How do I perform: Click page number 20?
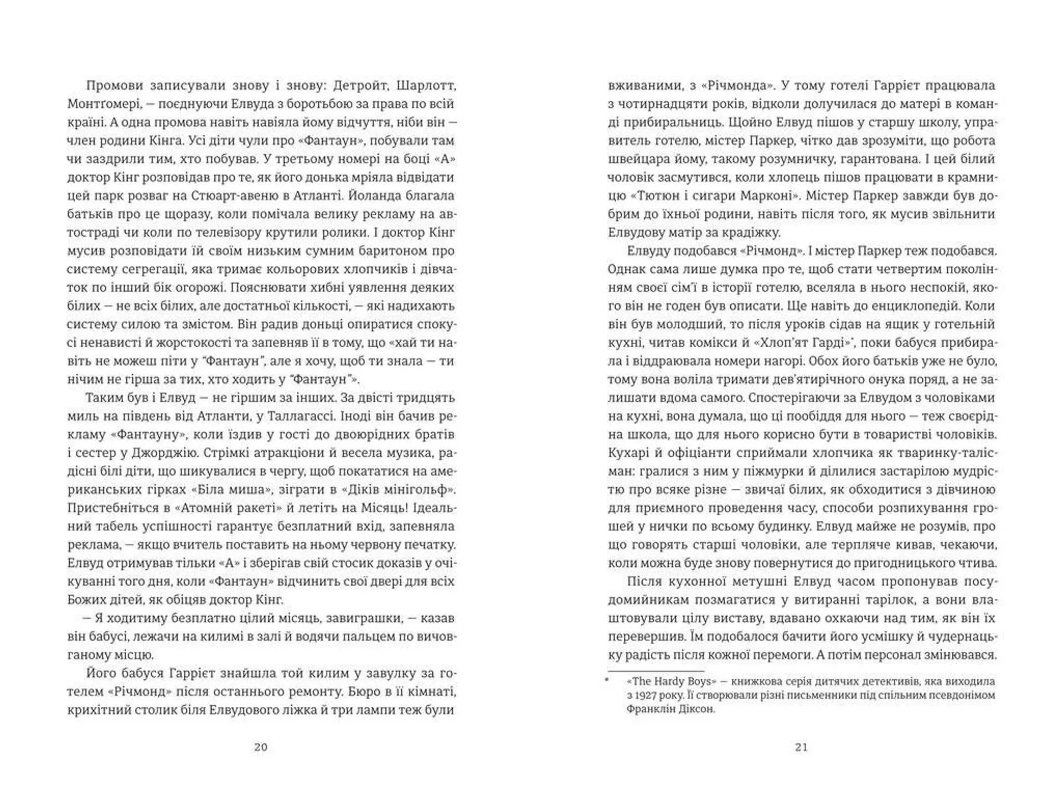[x=261, y=747]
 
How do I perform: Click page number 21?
[x=802, y=747]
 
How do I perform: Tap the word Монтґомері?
[x=103, y=104]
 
